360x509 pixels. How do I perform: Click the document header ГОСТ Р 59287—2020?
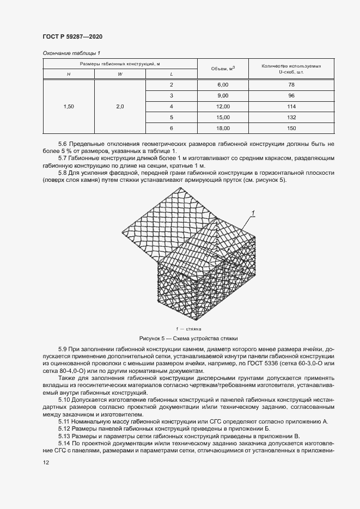72,36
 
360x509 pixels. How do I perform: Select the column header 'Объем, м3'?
223,69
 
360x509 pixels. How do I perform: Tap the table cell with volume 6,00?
223,85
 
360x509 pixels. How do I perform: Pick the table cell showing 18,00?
223,128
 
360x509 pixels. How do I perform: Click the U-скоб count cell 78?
291,85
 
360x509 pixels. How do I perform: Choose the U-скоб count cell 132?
291,117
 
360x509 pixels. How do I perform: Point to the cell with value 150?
291,128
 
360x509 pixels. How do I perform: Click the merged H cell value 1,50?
69,107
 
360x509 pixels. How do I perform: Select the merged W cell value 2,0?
120,107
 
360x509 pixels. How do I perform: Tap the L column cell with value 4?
171,107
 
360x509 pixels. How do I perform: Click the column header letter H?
69,74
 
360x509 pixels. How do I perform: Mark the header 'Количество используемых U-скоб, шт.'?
291,69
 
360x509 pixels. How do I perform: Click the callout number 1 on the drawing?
253,212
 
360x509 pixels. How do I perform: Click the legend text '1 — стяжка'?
188,329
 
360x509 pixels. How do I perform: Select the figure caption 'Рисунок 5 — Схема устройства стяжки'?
188,338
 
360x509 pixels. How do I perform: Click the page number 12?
46,462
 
